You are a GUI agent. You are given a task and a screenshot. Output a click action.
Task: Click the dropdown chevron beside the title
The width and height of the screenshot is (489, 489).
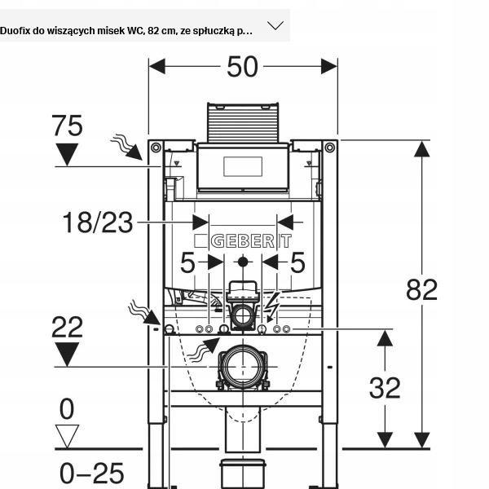tap(275, 25)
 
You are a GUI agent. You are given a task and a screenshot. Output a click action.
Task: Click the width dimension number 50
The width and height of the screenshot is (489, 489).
tap(242, 67)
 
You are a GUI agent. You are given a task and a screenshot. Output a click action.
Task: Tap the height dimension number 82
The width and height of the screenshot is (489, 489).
tap(421, 289)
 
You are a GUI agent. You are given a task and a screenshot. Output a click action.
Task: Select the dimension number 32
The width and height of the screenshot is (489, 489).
tap(385, 388)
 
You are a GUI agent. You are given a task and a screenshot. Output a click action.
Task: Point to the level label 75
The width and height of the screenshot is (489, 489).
tap(67, 126)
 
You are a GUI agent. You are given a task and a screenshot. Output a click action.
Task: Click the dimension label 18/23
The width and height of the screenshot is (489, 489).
tap(98, 222)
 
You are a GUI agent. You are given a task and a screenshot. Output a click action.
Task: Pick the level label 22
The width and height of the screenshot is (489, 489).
tap(67, 328)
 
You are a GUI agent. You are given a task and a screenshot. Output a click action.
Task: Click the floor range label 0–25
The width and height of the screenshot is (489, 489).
tap(91, 473)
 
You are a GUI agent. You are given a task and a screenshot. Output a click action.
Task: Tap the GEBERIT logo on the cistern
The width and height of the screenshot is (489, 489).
tap(242, 241)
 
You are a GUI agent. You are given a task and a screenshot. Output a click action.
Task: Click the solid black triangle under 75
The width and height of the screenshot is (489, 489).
tap(67, 154)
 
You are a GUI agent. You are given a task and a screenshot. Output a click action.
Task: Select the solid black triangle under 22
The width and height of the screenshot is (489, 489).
tap(67, 354)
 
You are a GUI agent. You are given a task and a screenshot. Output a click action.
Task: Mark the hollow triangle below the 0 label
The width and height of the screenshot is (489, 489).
tap(67, 435)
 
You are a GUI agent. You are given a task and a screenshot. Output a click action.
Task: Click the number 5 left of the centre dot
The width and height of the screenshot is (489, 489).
tap(188, 262)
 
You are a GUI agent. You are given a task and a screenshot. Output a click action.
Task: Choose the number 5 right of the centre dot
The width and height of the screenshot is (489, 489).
tap(297, 262)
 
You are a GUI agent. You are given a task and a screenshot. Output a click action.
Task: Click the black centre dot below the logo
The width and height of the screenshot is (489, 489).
tap(242, 262)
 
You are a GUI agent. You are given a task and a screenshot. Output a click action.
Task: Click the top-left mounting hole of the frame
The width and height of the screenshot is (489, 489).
tap(155, 148)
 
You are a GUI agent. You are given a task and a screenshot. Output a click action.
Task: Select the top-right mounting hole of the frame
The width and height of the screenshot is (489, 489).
tap(329, 148)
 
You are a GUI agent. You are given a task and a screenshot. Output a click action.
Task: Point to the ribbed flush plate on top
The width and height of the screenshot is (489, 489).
tap(242, 121)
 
